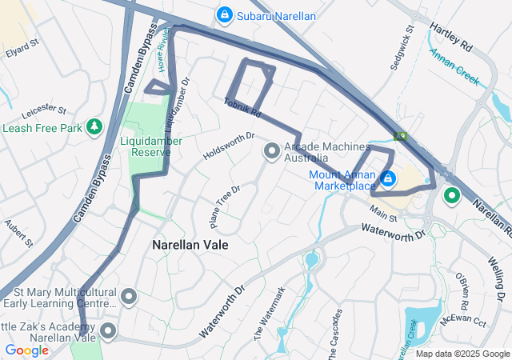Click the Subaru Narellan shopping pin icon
pos(225,15)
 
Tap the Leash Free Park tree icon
pos(94,127)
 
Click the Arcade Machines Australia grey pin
pos(272,150)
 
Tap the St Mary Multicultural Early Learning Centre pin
pos(128,298)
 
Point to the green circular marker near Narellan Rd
pos(451,194)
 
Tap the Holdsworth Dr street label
pos(228,146)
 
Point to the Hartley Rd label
pos(451,38)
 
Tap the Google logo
pos(26,350)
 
